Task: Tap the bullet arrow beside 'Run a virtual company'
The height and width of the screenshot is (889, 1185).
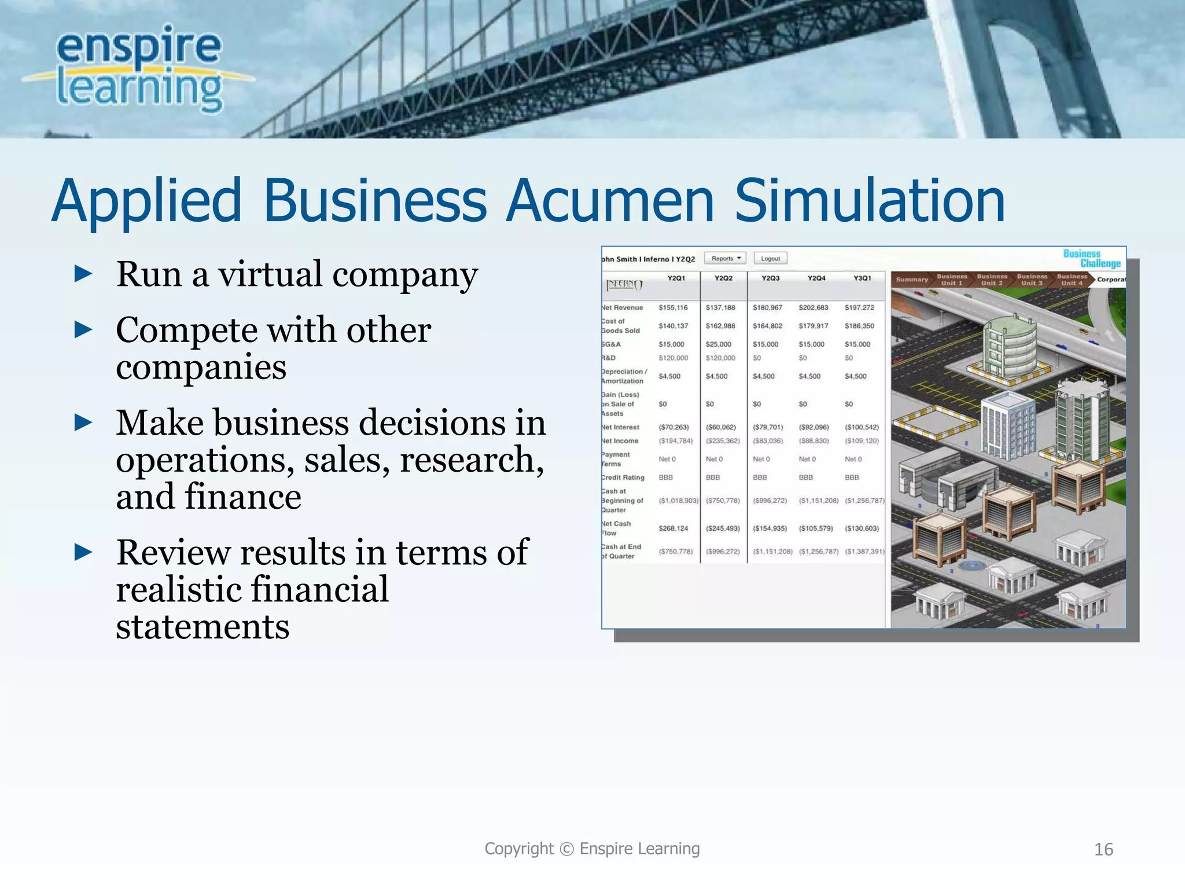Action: pos(84,273)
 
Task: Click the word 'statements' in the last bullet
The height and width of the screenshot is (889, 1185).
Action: pos(203,626)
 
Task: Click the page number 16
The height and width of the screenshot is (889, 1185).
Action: pos(1103,849)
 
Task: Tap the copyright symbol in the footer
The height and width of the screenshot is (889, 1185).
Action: pos(567,848)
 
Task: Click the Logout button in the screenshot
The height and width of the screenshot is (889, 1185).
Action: pos(770,259)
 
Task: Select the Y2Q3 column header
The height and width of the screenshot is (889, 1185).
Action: pos(770,278)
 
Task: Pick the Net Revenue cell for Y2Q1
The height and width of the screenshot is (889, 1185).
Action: pos(674,308)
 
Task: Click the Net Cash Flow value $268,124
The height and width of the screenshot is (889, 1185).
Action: pos(674,528)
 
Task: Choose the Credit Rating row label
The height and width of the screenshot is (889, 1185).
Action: pos(623,477)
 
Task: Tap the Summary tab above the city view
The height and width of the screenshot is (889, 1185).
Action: pos(911,280)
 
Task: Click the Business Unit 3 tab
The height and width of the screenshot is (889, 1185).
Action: pos(1032,280)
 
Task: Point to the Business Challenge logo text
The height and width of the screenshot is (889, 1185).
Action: pos(1091,258)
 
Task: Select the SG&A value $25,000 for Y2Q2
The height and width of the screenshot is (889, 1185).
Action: pos(719,344)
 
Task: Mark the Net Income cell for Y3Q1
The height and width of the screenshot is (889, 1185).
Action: pos(862,441)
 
